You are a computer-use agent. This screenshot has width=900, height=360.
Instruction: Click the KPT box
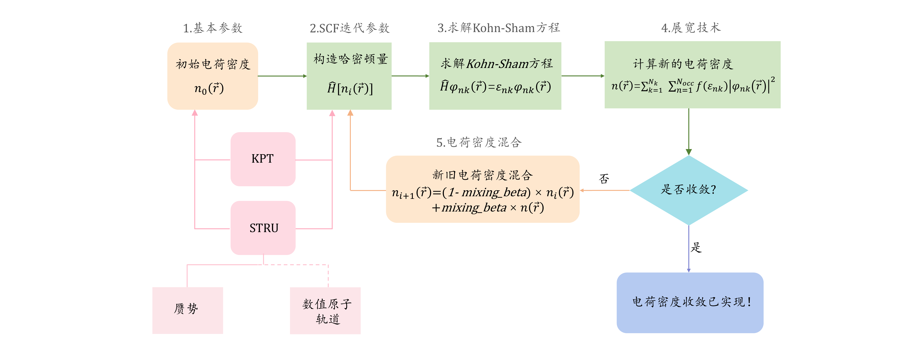click(x=263, y=159)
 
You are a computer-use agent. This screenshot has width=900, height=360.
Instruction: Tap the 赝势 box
click(x=187, y=310)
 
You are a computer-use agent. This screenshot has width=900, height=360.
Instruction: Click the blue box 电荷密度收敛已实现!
click(x=690, y=302)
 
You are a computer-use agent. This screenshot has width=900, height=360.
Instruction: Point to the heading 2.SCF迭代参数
click(x=349, y=28)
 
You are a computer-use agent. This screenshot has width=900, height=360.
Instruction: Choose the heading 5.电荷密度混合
click(x=479, y=142)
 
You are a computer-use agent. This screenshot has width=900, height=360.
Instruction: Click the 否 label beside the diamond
click(x=604, y=179)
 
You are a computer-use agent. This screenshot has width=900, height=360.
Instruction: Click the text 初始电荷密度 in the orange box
click(x=213, y=64)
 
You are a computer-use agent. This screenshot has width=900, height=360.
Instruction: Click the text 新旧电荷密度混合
click(x=482, y=175)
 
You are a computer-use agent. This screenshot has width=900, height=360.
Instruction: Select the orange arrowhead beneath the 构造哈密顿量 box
click(x=350, y=112)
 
